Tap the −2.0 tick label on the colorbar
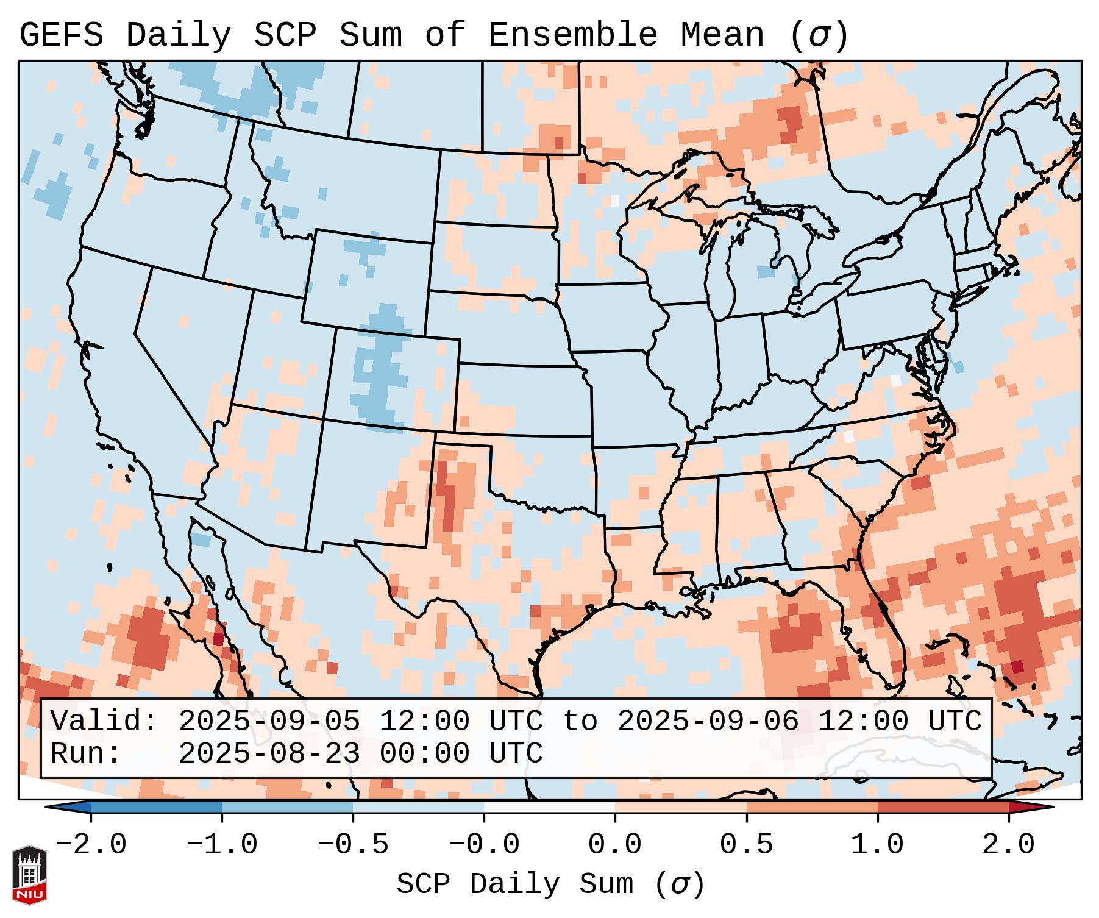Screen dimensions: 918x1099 click(x=91, y=845)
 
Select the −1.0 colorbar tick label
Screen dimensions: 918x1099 click(x=222, y=845)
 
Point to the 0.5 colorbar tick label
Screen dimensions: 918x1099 click(x=747, y=845)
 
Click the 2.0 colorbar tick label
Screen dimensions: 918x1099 click(x=1009, y=845)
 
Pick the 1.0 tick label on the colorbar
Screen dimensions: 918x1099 click(x=878, y=845)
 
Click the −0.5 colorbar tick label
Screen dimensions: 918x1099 click(x=353, y=845)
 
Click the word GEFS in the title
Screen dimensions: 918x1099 click(x=61, y=35)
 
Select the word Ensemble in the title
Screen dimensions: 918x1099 click(x=573, y=35)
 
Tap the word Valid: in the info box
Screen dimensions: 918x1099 click(x=104, y=722)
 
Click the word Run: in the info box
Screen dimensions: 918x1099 click(x=86, y=753)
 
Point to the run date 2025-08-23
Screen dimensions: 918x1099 click(x=269, y=753)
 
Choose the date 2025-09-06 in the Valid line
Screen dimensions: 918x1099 click(x=708, y=722)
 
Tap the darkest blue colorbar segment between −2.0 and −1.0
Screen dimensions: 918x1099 click(x=156, y=808)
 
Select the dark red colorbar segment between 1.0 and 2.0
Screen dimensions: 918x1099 click(x=943, y=808)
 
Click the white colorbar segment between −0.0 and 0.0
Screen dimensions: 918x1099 click(x=549, y=808)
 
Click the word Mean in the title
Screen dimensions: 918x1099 click(x=722, y=35)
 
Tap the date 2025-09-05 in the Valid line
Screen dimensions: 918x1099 click(x=269, y=722)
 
